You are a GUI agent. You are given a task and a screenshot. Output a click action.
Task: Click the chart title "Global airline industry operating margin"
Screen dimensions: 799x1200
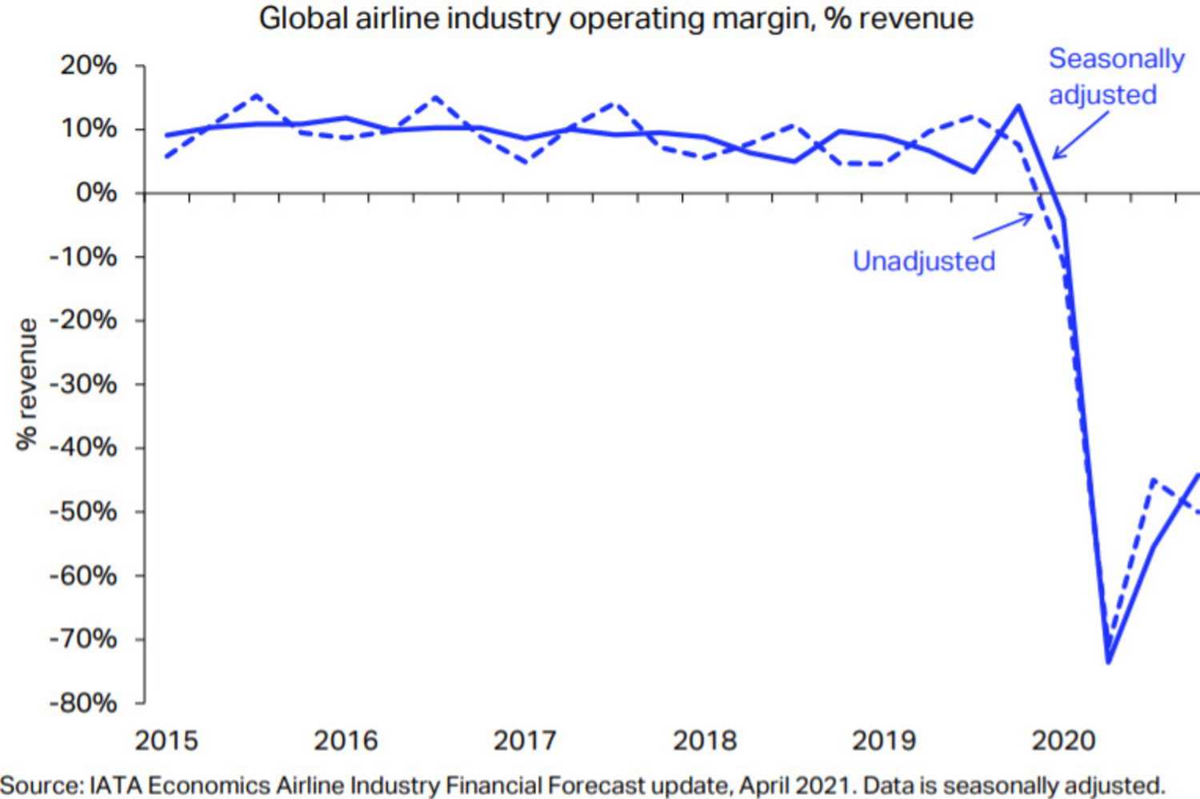coord(616,18)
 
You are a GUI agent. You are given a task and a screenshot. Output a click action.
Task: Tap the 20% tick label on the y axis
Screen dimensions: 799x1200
coord(88,66)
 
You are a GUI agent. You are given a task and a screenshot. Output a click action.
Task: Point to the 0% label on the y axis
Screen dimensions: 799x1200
coord(96,193)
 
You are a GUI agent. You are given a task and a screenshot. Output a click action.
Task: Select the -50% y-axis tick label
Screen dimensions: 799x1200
coord(83,511)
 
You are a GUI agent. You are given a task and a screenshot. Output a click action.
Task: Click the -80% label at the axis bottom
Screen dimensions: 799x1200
coord(83,703)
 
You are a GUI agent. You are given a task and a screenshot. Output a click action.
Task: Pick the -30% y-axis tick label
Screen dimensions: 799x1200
coord(83,384)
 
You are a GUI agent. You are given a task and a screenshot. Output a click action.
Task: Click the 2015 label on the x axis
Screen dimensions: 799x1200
coord(166,741)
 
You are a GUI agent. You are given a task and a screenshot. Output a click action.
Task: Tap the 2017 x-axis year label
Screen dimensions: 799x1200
coord(525,741)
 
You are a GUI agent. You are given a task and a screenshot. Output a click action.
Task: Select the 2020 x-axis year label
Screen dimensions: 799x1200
coord(1063,741)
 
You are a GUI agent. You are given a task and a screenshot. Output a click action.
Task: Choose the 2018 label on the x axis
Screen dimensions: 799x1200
coord(704,741)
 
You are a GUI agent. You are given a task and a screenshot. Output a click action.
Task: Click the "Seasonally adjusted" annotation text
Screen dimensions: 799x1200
coord(1115,77)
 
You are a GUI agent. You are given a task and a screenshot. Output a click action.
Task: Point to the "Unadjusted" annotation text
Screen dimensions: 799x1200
coord(924,262)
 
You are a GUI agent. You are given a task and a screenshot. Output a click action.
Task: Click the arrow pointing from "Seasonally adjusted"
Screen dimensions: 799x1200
coord(1080,134)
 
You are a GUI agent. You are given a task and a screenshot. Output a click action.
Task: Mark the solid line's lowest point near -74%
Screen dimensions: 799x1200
coord(1109,661)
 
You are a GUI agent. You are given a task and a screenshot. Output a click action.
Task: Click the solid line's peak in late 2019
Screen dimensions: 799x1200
coord(1018,106)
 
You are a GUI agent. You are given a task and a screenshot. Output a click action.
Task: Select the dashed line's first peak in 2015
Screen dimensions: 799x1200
coord(256,95)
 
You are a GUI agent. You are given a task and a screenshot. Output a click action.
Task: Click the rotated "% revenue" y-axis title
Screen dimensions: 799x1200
coord(27,384)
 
